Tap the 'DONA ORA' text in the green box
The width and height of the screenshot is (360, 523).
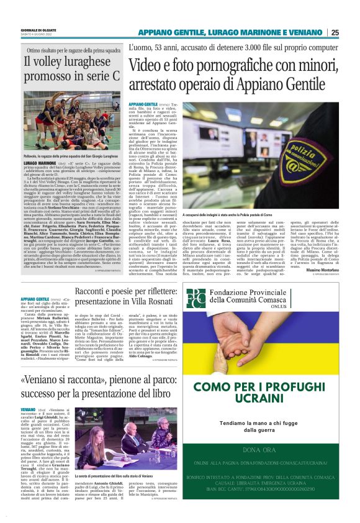271,449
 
